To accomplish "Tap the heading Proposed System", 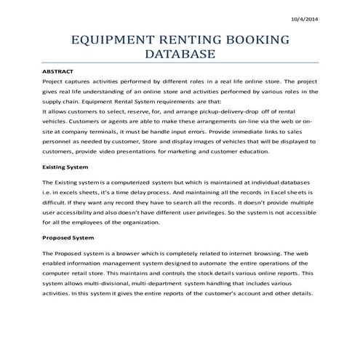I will (x=68, y=237).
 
